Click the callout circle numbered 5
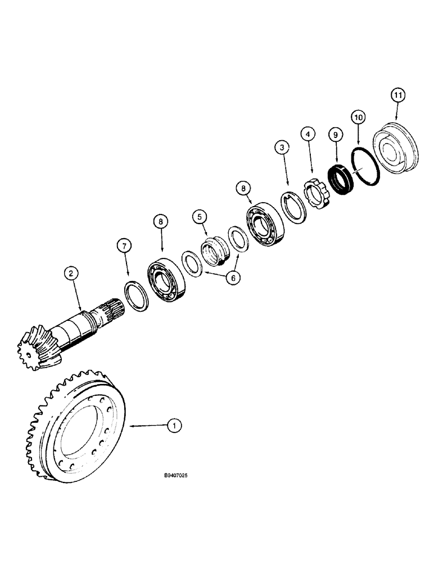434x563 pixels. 199,216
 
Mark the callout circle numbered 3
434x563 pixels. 282,148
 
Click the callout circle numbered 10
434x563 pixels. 358,117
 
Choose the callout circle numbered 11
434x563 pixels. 398,96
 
